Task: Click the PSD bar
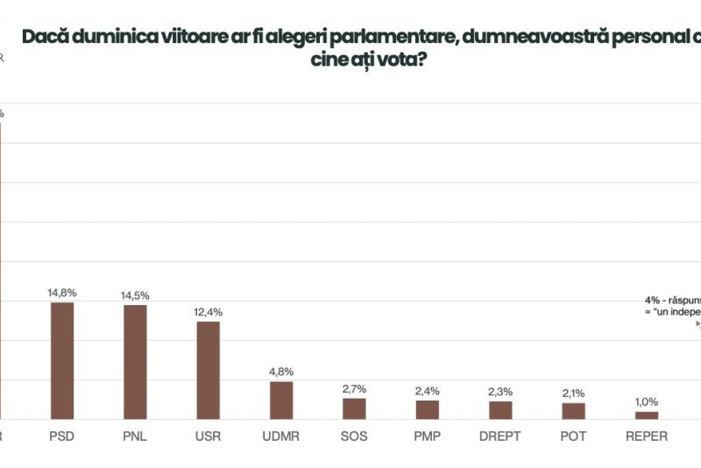point(62,360)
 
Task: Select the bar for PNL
point(135,361)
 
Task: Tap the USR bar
point(208,370)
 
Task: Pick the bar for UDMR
point(281,400)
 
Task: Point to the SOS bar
point(354,408)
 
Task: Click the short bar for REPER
point(647,415)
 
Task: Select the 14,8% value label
point(62,293)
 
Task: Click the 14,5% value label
point(135,295)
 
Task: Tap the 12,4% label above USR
point(209,312)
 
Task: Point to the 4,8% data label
point(281,372)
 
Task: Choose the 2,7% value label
point(354,388)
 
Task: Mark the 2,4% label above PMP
point(428,391)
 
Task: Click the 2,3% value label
point(500,392)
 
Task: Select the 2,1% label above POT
point(573,394)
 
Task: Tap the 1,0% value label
point(647,402)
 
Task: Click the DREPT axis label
point(500,436)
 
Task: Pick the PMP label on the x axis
point(428,436)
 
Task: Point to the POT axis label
point(573,436)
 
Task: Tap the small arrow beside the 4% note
point(697,323)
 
